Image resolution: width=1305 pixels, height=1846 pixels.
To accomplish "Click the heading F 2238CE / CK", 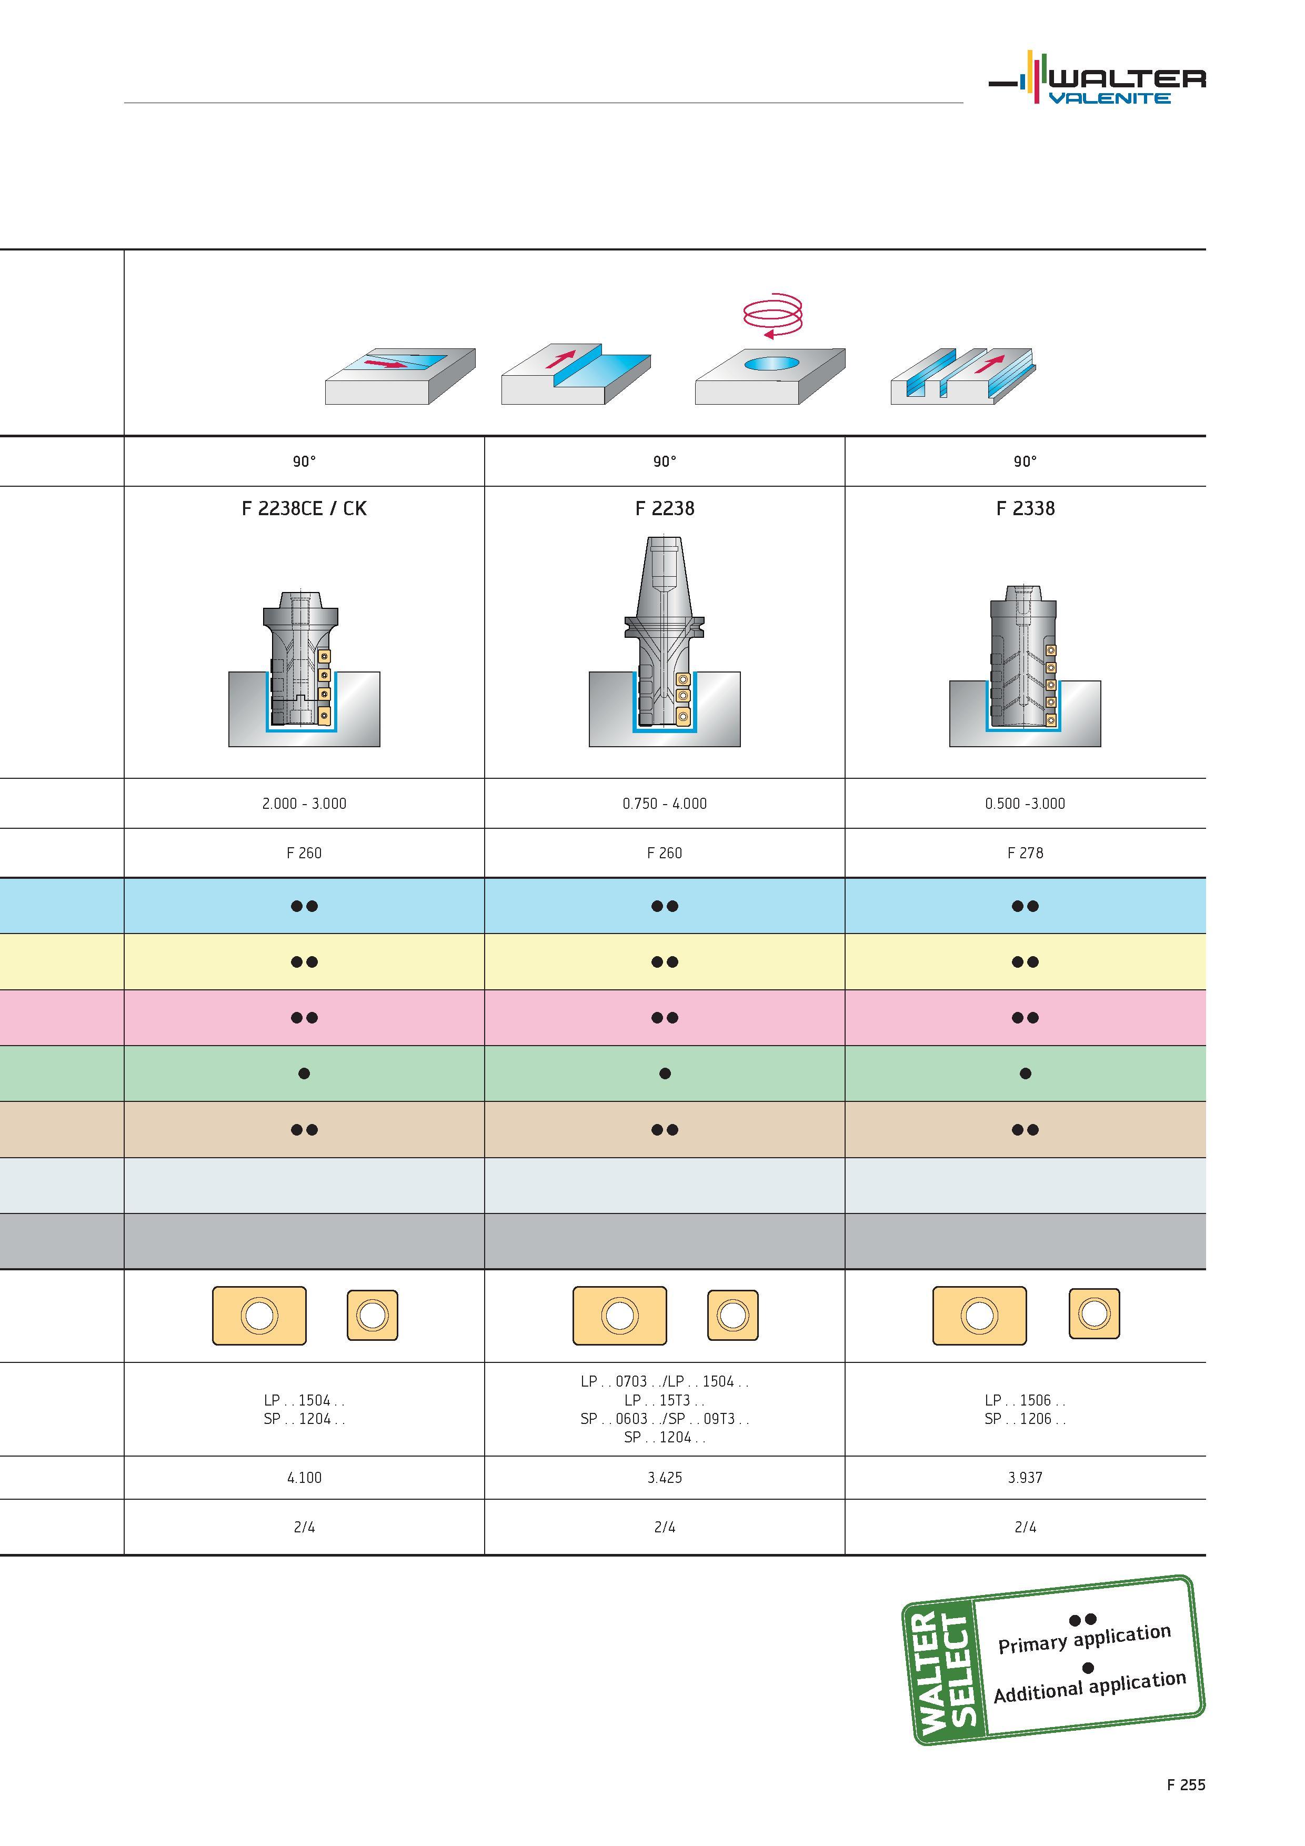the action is pos(304,508).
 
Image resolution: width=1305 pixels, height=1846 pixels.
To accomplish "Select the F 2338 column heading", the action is pos(1025,508).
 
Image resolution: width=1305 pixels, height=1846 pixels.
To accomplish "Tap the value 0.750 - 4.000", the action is pos(664,803).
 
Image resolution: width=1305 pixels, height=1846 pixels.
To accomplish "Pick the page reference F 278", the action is pos(1025,853).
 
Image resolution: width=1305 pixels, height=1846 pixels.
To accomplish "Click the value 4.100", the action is pos(304,1478).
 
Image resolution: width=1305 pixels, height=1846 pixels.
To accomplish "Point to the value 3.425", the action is pos(664,1478).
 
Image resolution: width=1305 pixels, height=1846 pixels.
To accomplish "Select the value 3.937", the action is pos(1025,1478).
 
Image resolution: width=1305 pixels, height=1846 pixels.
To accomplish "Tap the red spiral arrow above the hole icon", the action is pos(772,315).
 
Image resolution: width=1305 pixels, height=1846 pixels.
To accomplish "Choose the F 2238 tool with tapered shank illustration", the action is pos(664,641).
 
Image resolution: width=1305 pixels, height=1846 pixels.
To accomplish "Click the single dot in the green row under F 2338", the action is pos(1025,1074).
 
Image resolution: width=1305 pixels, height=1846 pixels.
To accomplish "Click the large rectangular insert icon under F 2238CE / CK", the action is pos(259,1316).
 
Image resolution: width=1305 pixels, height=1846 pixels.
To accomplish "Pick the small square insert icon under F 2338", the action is pos(1095,1314).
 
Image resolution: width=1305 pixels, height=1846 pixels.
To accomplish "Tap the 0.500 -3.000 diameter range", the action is pos(1025,803).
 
